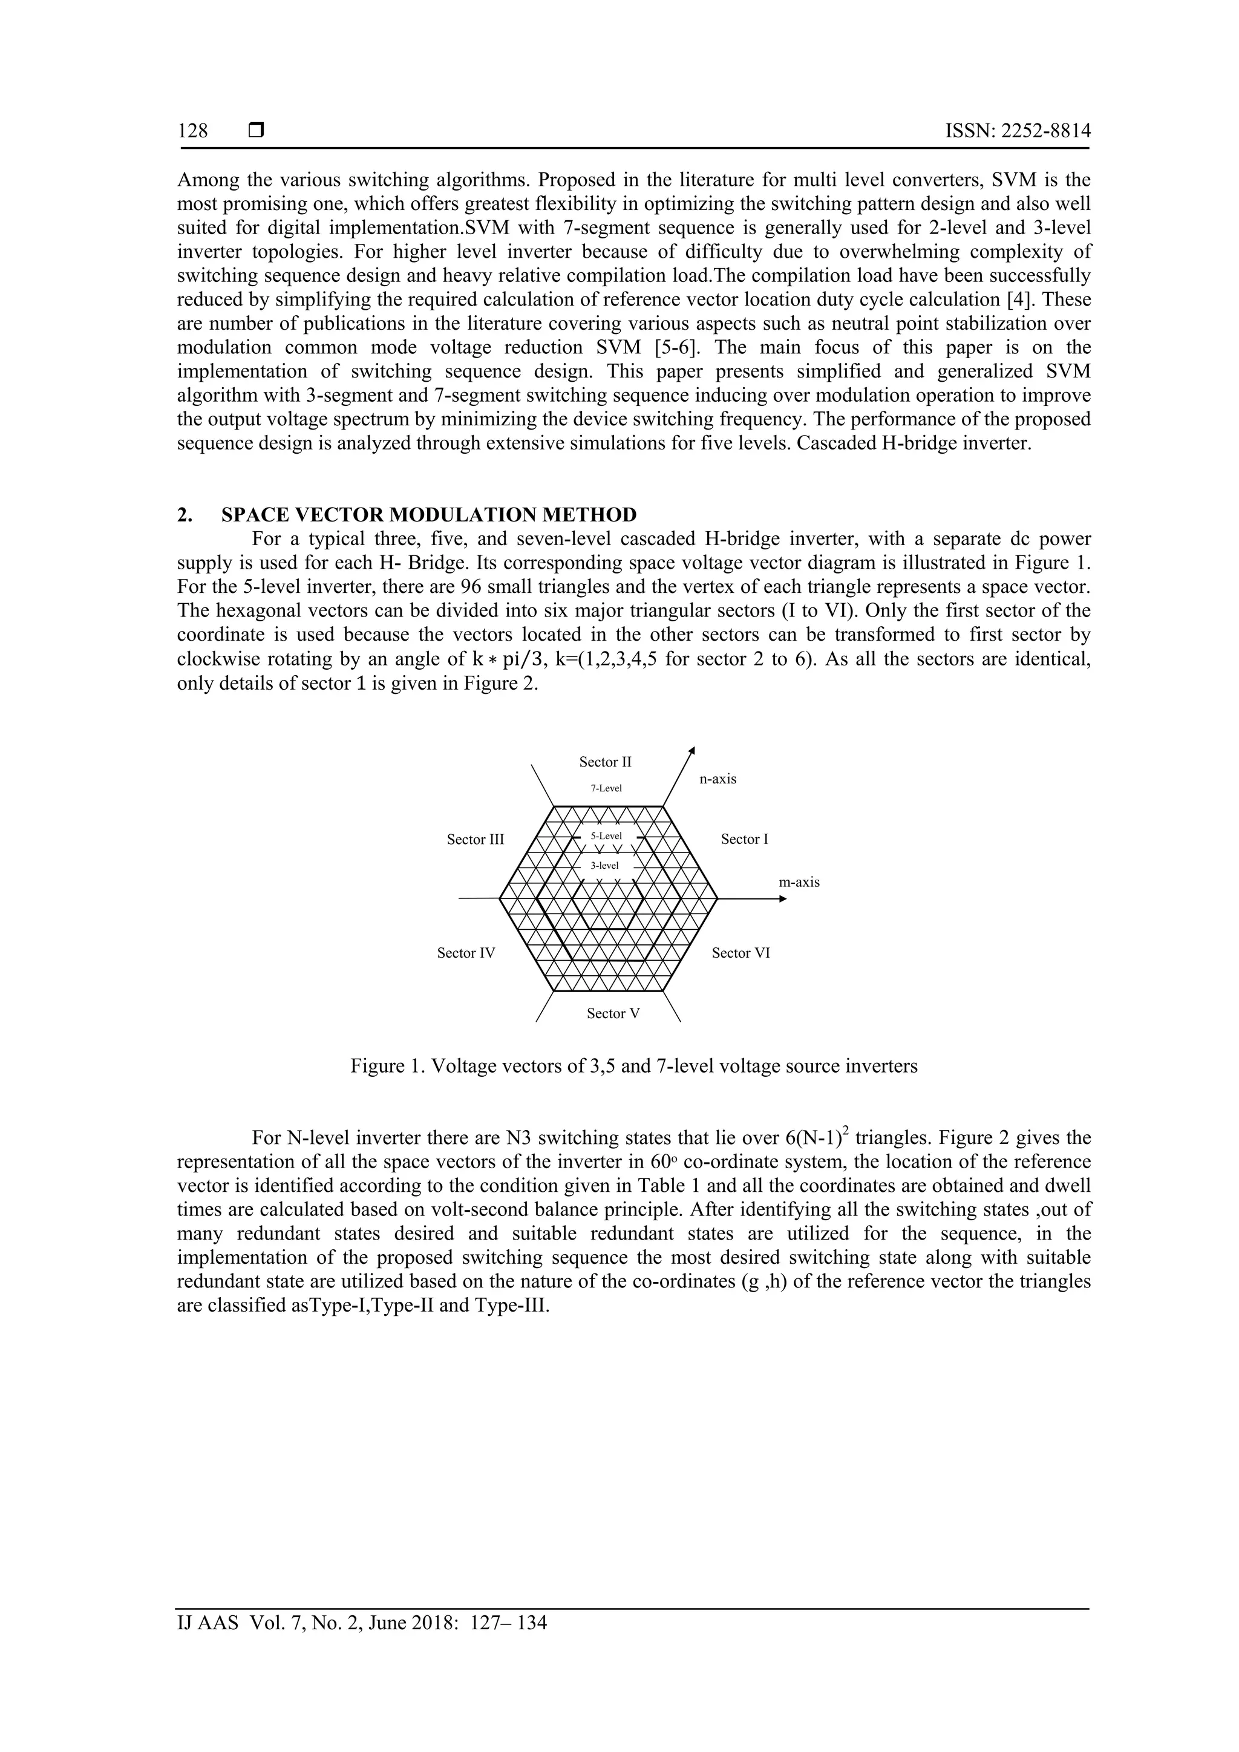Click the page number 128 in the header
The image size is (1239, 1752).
[x=192, y=131]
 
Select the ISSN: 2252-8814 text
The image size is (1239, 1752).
[x=1018, y=131]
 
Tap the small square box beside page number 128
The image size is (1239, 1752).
[x=257, y=131]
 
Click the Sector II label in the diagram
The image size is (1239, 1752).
[x=605, y=762]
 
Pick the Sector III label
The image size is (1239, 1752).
[x=476, y=839]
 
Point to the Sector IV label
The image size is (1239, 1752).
[x=466, y=953]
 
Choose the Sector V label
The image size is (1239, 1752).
[x=613, y=1013]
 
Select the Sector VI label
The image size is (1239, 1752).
[x=741, y=953]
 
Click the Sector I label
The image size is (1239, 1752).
[x=745, y=839]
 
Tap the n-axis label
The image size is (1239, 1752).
[x=718, y=779]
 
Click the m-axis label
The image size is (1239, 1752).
[x=799, y=882]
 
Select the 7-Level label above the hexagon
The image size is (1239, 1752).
[x=607, y=788]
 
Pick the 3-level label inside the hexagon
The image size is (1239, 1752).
[x=604, y=865]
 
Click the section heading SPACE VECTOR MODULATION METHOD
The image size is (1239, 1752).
[x=429, y=514]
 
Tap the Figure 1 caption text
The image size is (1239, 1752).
[x=633, y=1066]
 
